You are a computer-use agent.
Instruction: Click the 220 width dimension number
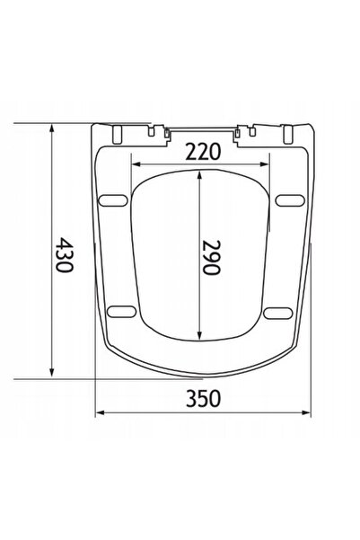click(x=203, y=152)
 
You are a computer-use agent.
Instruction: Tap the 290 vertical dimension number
click(x=211, y=257)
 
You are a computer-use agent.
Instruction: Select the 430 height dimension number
click(x=65, y=254)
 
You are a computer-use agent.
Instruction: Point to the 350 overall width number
click(x=203, y=398)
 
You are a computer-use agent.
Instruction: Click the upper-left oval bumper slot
click(x=113, y=200)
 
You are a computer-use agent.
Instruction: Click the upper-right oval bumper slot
click(x=290, y=200)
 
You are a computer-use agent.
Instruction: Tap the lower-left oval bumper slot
click(x=121, y=312)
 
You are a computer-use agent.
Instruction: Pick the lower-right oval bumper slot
click(x=278, y=313)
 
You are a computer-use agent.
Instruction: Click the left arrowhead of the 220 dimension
click(x=136, y=164)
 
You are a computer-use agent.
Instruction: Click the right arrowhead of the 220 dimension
click(x=264, y=164)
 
